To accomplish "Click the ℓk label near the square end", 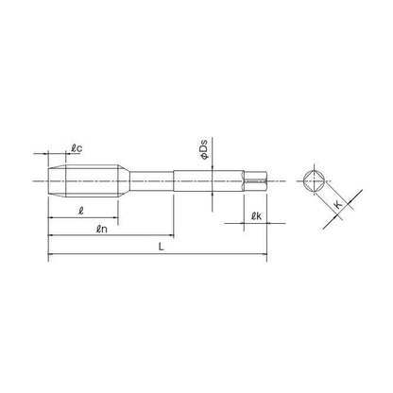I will pos(257,216).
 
